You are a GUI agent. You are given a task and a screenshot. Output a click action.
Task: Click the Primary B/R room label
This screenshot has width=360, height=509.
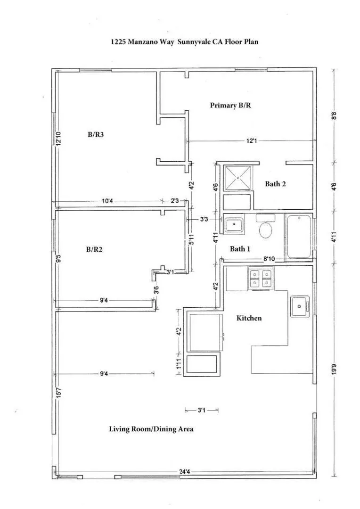click(230, 106)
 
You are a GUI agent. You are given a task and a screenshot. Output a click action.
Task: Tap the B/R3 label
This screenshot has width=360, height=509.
click(96, 135)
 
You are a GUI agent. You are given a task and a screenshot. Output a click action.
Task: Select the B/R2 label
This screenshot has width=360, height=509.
click(95, 249)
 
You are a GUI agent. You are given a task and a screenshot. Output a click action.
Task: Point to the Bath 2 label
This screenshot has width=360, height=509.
click(275, 184)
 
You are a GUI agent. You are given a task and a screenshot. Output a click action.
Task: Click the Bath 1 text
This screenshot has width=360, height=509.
click(240, 249)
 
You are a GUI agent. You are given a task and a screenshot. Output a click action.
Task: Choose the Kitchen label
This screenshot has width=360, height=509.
click(249, 318)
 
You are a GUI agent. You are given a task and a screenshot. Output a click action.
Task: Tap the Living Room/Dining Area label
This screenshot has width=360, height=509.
click(151, 429)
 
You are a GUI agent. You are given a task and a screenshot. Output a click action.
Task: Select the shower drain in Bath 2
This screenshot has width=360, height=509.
click(237, 178)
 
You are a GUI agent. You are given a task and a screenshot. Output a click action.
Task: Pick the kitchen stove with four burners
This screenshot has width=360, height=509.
click(261, 278)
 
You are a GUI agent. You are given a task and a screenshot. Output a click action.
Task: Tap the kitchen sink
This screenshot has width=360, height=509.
click(299, 307)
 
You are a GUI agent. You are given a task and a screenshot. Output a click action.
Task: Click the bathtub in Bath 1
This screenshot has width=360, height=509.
click(299, 237)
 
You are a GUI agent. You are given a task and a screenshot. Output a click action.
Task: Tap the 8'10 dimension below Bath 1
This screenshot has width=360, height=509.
click(269, 259)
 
